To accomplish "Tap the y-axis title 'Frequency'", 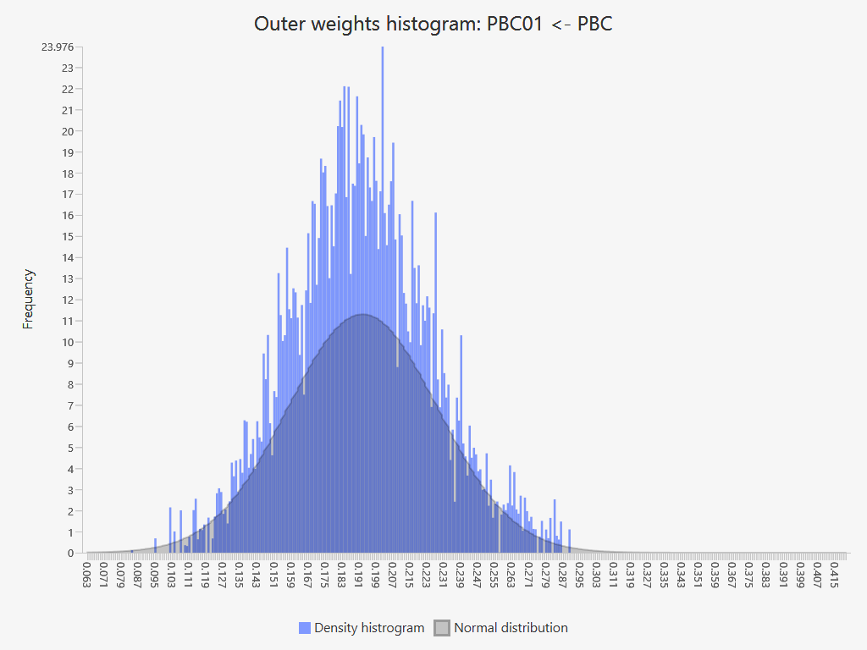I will (29, 299).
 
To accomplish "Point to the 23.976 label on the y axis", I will (58, 47).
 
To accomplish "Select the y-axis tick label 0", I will (70, 553).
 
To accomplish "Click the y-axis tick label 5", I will (70, 448).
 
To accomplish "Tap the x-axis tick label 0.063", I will (86, 572).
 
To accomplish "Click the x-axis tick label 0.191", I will (358, 572).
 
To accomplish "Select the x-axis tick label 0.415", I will (834, 572).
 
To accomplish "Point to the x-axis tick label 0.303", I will (596, 572).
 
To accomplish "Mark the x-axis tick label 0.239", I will (460, 572).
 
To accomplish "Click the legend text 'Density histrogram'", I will (368, 628).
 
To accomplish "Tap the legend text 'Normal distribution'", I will (511, 628).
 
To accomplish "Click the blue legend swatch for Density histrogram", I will (305, 628).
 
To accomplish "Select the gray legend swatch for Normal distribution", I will (442, 628).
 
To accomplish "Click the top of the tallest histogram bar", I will (383, 47).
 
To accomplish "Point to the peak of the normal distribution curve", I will (362, 315).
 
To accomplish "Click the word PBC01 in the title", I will (515, 24).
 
